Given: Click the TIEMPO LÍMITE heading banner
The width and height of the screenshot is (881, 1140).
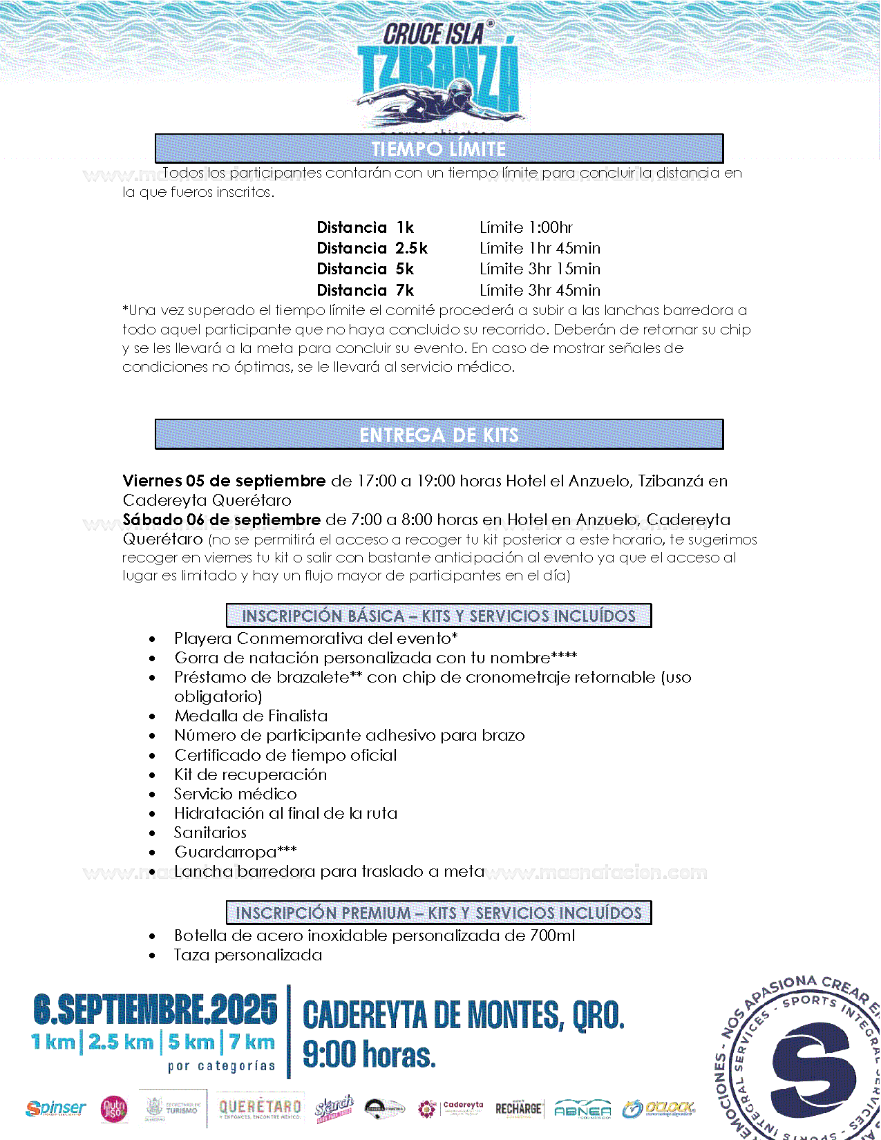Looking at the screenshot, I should point(439,149).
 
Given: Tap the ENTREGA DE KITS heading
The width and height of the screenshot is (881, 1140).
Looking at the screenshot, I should point(439,435).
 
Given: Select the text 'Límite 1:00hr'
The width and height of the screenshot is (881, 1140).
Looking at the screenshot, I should point(526,227).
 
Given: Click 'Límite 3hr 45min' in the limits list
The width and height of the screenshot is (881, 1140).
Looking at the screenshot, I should point(540,290).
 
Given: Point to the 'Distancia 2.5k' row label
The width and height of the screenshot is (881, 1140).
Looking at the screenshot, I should point(372,248).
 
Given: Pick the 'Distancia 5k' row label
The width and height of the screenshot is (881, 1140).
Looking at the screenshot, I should point(365,269).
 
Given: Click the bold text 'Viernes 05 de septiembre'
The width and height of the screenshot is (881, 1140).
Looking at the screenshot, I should point(224,481).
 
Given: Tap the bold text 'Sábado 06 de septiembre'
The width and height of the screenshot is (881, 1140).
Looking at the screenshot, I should point(222,520).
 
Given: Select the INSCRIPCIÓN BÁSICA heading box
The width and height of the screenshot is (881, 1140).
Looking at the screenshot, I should point(439,616).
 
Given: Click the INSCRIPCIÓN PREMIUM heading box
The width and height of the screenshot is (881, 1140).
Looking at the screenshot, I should point(439,913).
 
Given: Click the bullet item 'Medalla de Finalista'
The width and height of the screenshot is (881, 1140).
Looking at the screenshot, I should point(251,716).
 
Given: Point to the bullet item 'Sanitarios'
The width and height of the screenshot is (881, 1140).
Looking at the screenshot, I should point(210,833).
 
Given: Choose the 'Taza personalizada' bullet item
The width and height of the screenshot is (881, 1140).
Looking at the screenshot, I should point(248,955).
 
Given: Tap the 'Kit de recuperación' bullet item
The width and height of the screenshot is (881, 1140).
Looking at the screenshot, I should point(250,775).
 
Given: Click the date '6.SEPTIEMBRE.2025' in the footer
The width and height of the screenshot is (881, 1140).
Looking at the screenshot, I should point(155,1011).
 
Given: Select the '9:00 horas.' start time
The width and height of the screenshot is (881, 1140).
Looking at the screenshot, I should point(370,1055).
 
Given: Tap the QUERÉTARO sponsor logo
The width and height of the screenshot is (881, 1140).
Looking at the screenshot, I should point(260,1108).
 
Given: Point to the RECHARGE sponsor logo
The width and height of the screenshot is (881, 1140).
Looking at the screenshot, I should point(518,1109).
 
